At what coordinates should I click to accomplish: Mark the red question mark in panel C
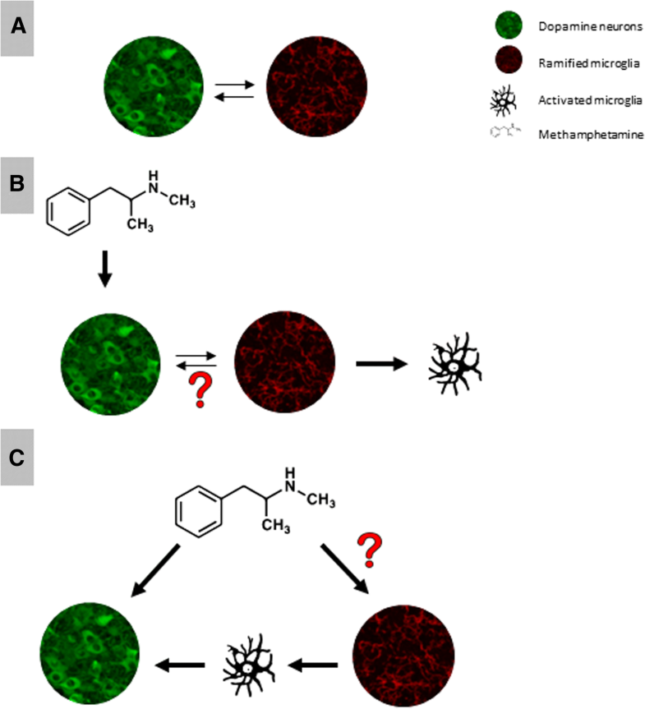click(372, 549)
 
